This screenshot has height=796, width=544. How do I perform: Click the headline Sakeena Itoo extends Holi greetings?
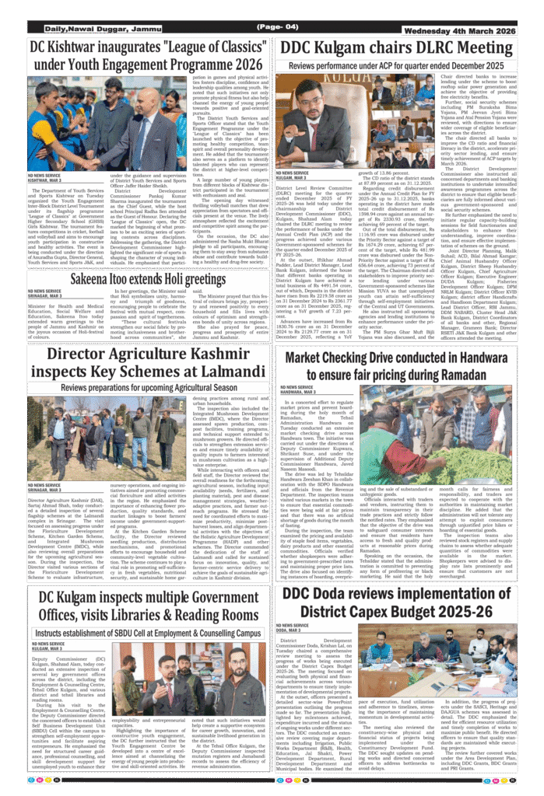(148, 278)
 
